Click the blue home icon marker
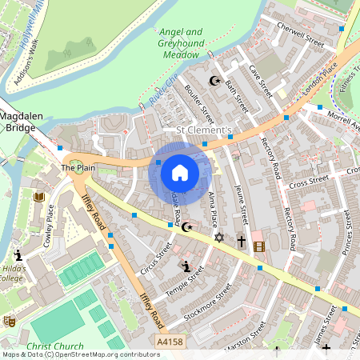pyautogui.click(x=180, y=173)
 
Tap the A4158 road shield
pyautogui.click(x=170, y=340)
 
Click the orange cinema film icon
pyautogui.click(x=258, y=246)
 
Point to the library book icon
pyautogui.click(x=38, y=197)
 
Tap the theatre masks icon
pyautogui.click(x=10, y=321)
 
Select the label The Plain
pyautogui.click(x=78, y=169)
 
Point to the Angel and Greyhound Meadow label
pyautogui.click(x=180, y=44)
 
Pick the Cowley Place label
pyautogui.click(x=49, y=226)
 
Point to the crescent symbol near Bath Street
pyautogui.click(x=214, y=81)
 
